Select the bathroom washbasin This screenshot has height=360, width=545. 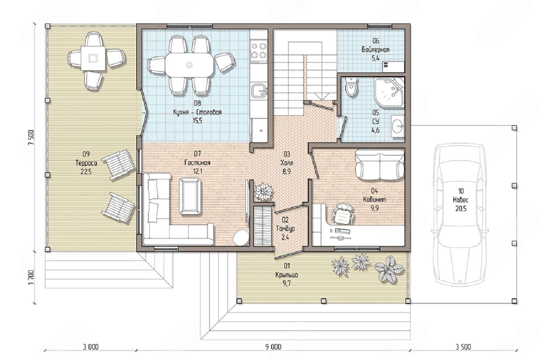point(397,126)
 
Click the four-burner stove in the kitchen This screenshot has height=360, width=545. point(259,51)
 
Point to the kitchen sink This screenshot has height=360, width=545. point(260,91)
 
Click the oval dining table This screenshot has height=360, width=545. point(190,65)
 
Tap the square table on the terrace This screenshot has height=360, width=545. point(93,58)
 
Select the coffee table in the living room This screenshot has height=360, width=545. point(190,196)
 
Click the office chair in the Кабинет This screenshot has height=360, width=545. point(343,213)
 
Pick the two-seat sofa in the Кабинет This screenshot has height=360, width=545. point(380,165)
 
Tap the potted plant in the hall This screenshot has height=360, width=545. point(263,192)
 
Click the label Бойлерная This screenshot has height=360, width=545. point(376,50)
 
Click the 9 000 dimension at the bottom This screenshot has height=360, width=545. point(273,347)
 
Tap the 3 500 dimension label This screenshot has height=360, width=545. point(463,347)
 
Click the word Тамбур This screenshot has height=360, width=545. point(285,228)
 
